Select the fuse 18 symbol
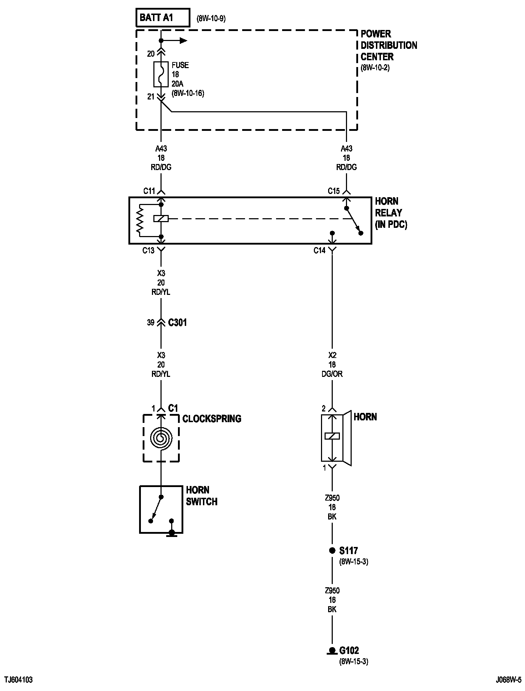[161, 74]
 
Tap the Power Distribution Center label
[388, 45]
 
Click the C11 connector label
[149, 191]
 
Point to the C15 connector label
[334, 191]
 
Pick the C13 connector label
[148, 250]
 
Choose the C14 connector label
[320, 251]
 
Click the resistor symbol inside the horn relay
[140, 220]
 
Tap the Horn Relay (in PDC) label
[391, 213]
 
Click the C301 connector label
[177, 323]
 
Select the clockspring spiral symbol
[161, 437]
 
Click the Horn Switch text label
[202, 496]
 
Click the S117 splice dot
[332, 551]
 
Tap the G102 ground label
[349, 650]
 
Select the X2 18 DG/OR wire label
[332, 365]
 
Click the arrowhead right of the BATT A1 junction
[183, 41]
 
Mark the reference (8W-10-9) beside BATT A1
[211, 19]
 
